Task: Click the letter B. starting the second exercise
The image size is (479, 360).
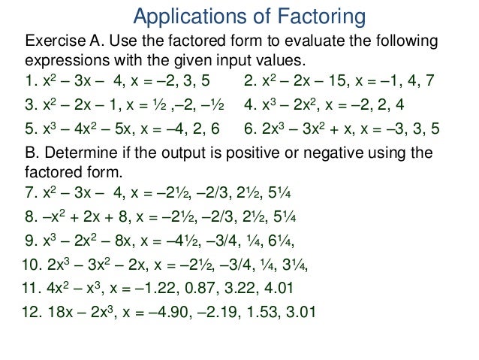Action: (32, 153)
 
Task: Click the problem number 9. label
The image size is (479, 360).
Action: (32, 242)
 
